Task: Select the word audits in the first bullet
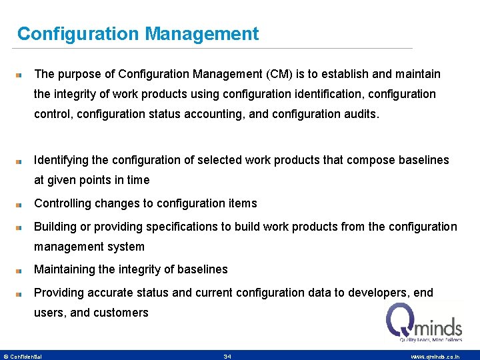tap(359, 114)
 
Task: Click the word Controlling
tap(63, 203)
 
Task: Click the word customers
tap(121, 313)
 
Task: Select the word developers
tap(371, 293)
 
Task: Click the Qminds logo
tap(424, 323)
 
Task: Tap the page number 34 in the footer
tap(227, 357)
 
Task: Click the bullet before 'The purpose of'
tap(21, 75)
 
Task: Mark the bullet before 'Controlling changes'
tap(21, 204)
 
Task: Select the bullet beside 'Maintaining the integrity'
tap(21, 270)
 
